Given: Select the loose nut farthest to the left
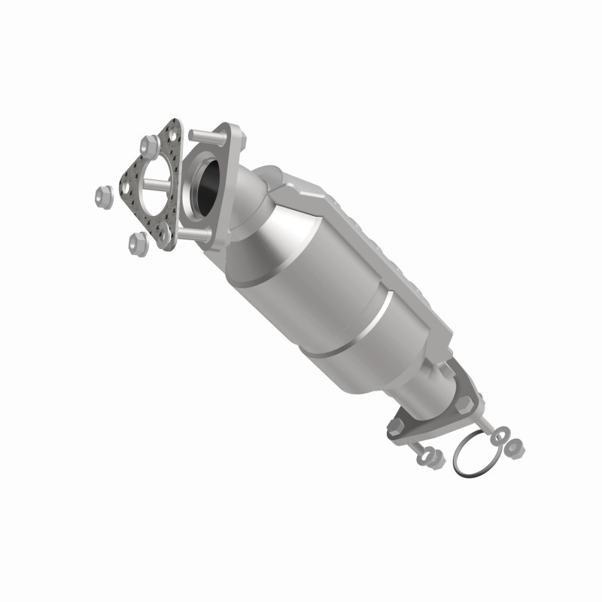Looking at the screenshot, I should pos(104,196).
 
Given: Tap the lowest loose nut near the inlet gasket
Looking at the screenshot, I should pos(137,241).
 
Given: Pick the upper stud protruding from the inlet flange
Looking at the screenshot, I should pos(198,135).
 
